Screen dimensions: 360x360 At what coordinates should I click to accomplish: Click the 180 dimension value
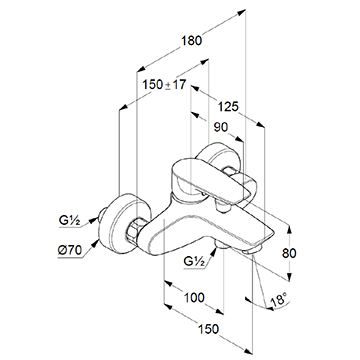pos(192,41)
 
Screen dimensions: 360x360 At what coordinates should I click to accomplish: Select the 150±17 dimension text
pos(164,85)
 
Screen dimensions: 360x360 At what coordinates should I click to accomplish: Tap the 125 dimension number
pos(228,107)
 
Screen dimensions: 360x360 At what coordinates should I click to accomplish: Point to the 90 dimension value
pos(221,127)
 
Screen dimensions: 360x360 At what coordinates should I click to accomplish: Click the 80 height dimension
pos(289,253)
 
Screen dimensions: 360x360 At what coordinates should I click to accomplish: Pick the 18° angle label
pos(279,299)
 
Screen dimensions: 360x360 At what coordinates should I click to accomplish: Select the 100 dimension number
pos(194,297)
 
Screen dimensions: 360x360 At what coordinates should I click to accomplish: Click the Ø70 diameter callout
pos(70,250)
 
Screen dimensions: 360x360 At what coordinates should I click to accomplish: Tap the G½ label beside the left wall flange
pos(70,221)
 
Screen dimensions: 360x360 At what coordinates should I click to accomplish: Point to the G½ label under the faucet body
pos(194,262)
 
